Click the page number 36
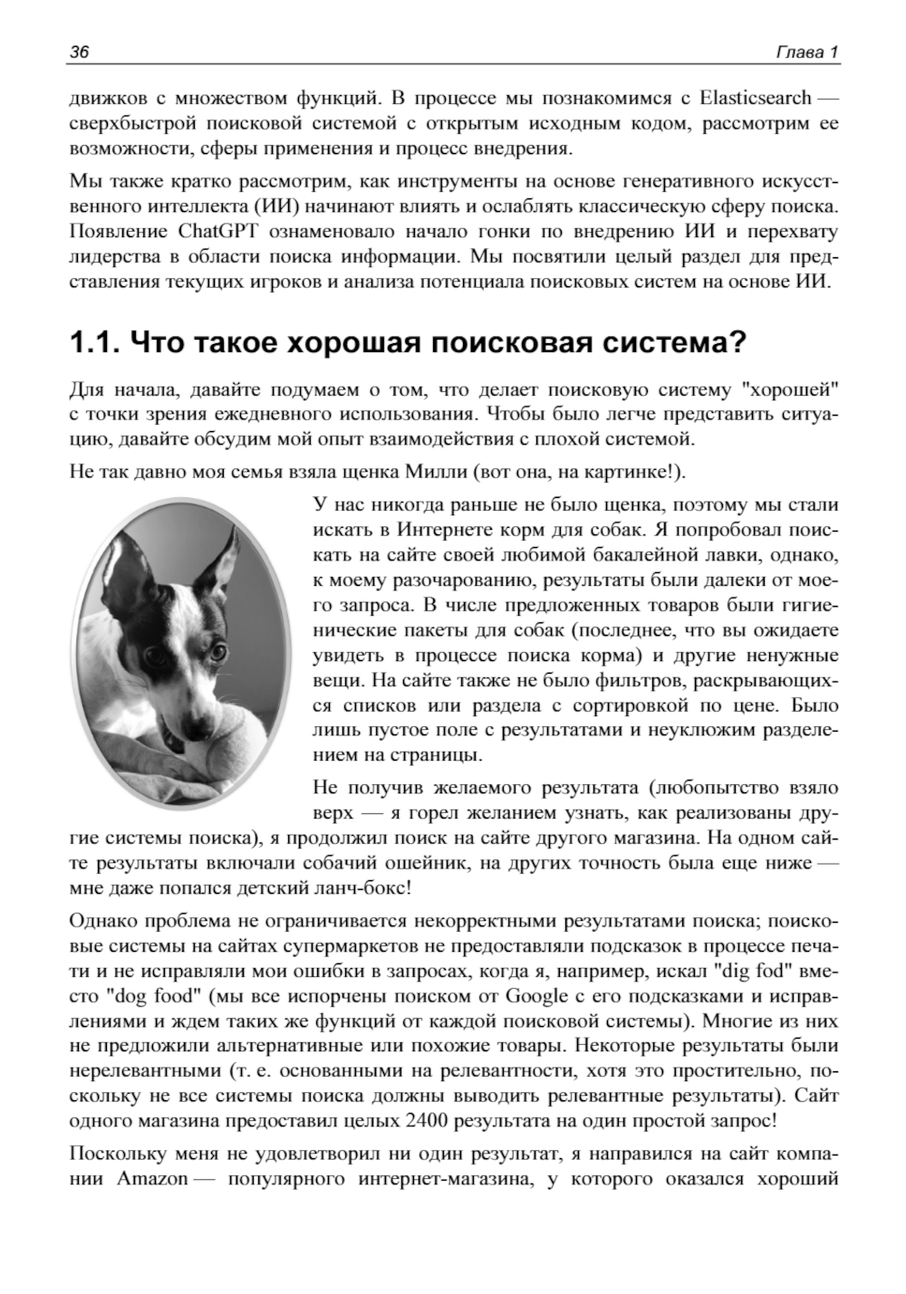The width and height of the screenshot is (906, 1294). [x=79, y=52]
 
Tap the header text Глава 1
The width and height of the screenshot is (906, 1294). [x=807, y=52]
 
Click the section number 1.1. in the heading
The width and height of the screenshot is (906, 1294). [x=94, y=343]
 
